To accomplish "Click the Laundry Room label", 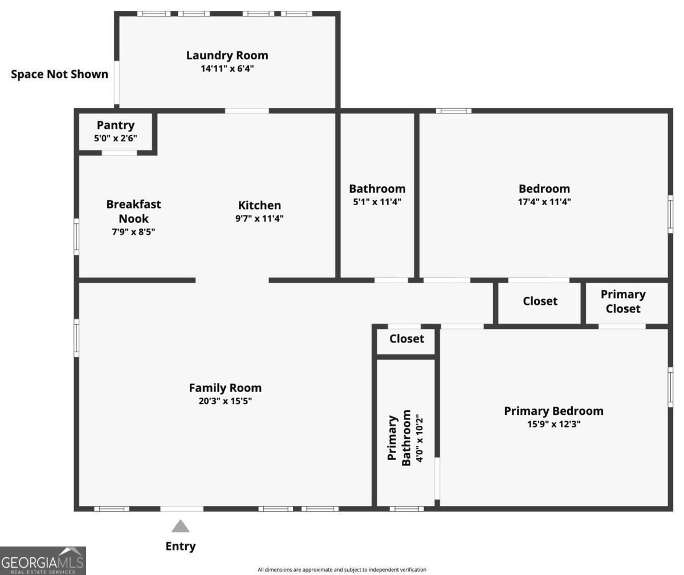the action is coord(227,55).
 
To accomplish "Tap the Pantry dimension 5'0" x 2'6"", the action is coord(115,138).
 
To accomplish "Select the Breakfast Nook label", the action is coord(133,211).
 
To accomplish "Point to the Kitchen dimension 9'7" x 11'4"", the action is coord(259,218).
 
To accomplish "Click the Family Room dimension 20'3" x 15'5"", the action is coord(225,401).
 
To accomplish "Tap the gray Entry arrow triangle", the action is coord(181,526).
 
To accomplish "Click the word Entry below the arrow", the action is coord(181,546).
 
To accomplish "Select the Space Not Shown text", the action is coord(59,74).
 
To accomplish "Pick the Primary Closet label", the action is coord(623,301).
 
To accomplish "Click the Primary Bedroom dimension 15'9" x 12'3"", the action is coord(553,424).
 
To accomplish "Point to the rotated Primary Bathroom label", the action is coord(398,438).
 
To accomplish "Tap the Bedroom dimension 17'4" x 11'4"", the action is coord(544,202).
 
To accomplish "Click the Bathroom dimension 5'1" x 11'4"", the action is coord(377,202).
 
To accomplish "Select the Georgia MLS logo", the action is coord(43,561).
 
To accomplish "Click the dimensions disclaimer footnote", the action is coord(342,570).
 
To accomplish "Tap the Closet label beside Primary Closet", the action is coord(540,301).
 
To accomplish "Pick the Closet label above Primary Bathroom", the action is coord(406,339).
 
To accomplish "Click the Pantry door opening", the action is coord(119,153).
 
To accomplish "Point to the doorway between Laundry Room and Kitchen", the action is coord(247,111).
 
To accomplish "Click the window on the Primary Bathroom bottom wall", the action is coord(406,508).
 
